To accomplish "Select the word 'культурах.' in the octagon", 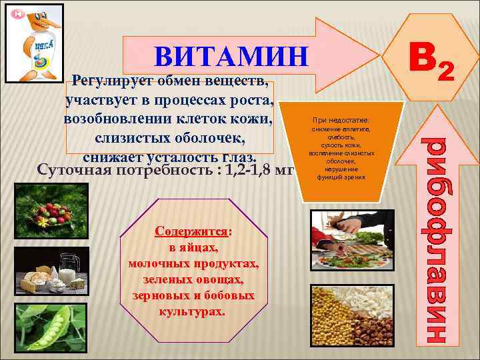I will point(193,311).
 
